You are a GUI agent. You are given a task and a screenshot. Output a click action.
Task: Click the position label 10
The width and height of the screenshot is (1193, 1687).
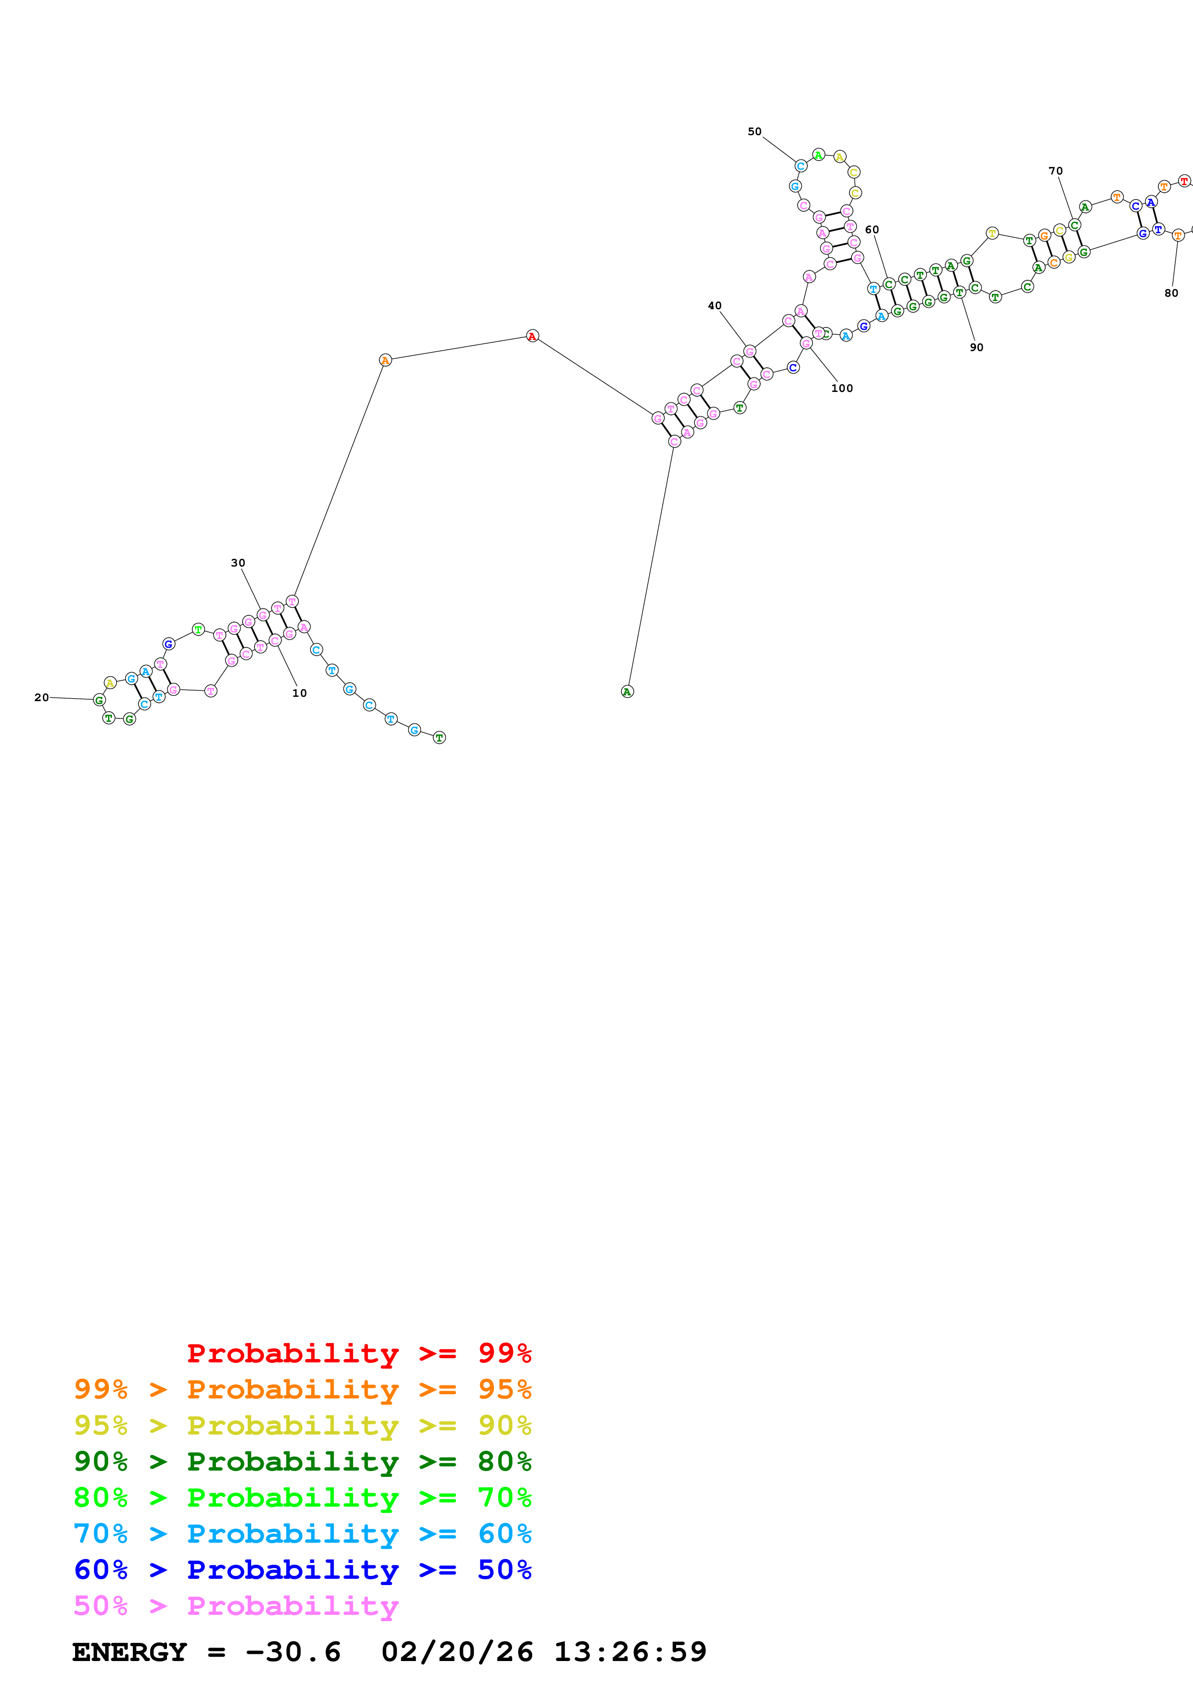299,693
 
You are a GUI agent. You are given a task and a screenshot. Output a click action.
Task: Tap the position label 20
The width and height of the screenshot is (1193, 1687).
41,697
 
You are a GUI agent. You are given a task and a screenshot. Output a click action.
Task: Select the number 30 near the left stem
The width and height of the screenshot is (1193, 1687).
237,563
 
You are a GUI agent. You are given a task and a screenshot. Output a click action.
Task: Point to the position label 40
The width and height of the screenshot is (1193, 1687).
715,306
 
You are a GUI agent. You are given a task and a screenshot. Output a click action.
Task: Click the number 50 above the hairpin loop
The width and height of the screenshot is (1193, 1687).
754,131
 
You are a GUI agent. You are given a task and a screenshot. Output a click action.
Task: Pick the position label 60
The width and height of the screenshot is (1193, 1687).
872,230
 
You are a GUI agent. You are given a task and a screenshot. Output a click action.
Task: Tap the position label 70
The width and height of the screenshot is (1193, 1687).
1055,171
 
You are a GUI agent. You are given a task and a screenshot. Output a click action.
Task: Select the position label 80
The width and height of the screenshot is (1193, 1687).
1171,293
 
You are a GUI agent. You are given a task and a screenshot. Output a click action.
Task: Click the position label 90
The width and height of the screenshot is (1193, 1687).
976,348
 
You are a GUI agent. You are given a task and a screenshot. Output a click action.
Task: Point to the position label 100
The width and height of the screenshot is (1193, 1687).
842,389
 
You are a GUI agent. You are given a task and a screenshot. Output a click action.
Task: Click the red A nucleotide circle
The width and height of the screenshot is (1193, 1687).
532,336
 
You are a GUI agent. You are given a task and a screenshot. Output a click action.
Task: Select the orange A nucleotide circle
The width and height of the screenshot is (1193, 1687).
385,360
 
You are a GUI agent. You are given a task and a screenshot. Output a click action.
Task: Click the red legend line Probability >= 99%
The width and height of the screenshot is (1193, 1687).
359,1353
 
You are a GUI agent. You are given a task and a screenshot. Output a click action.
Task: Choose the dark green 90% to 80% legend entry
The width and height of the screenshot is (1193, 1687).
302,1461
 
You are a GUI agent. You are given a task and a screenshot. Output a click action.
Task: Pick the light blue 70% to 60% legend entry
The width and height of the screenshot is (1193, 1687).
302,1534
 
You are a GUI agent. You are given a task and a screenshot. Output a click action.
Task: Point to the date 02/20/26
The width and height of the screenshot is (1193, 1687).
457,1652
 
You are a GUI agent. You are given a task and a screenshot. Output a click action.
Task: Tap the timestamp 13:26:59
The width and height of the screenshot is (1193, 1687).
630,1652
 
